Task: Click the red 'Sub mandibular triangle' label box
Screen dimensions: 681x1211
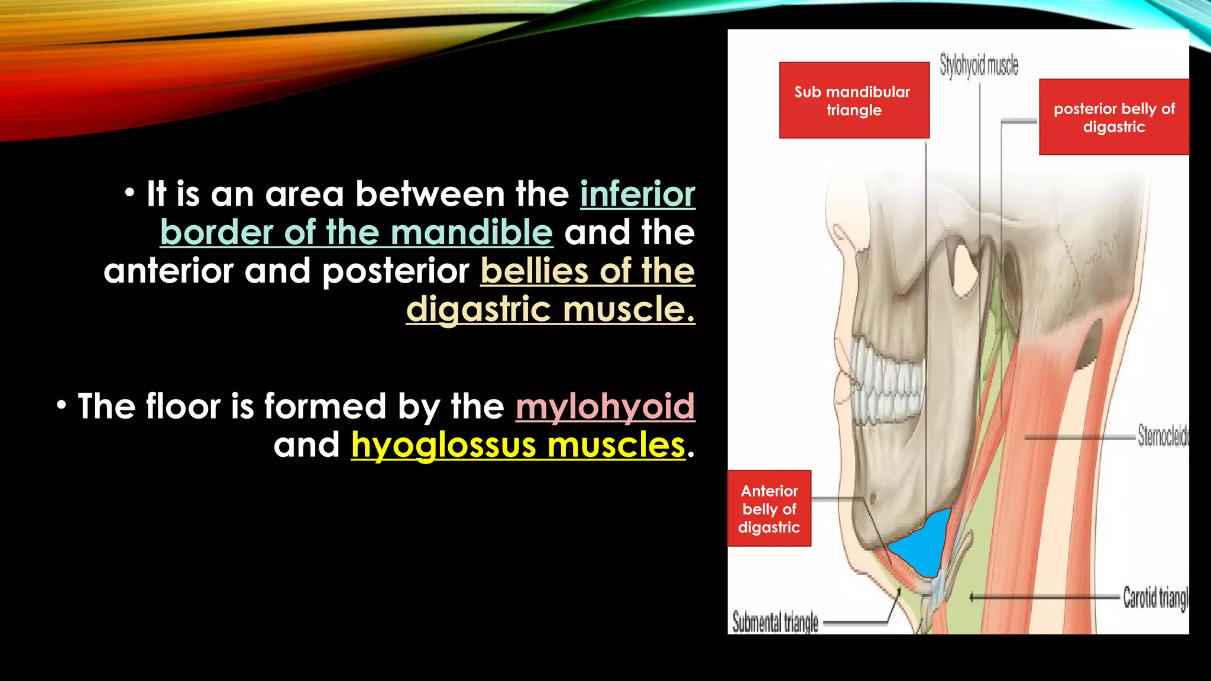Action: (854, 100)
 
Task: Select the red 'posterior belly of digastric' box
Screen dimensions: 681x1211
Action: (1113, 117)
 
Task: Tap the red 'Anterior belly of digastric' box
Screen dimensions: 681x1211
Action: (769, 508)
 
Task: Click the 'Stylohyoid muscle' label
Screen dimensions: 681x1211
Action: (979, 66)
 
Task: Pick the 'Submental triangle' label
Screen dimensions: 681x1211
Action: (775, 622)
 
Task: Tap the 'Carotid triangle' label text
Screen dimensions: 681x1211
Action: (1155, 598)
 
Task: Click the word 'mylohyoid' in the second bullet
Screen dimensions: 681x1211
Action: (605, 407)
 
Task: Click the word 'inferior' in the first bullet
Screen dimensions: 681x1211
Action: (637, 194)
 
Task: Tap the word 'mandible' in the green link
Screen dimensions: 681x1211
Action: (471, 232)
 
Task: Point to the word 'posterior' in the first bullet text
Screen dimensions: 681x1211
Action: (396, 271)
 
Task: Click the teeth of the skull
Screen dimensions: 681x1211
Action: (887, 384)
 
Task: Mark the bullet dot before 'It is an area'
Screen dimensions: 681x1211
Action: (129, 193)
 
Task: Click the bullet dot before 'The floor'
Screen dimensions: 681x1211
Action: (61, 406)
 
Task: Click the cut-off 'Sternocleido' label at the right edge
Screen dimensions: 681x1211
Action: (1163, 436)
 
